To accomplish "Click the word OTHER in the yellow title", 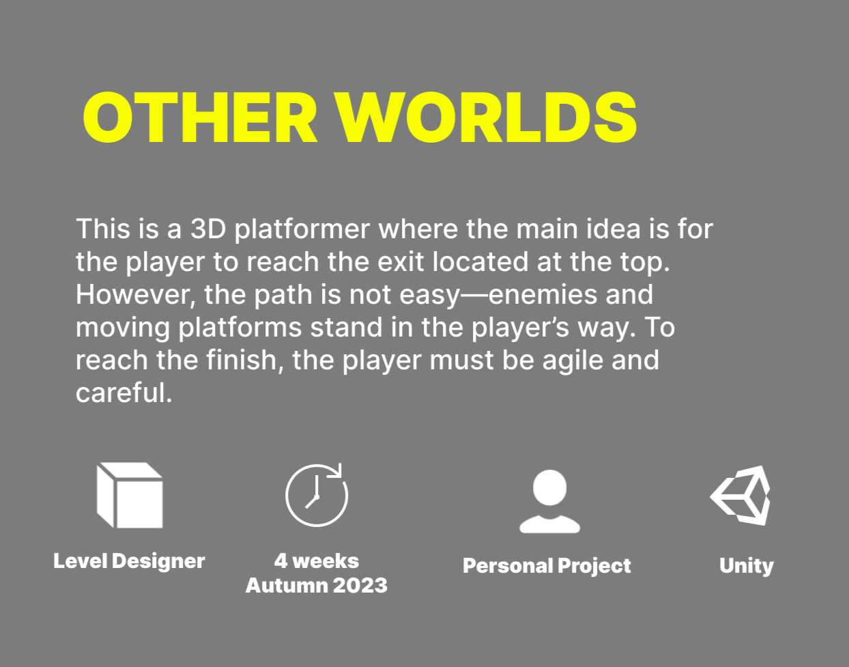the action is [x=200, y=117].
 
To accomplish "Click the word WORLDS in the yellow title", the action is [x=486, y=117].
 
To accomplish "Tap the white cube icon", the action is [x=130, y=495].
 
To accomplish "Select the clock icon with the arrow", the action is [x=317, y=495].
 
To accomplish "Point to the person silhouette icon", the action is [x=549, y=501].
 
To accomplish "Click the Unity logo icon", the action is [x=740, y=496].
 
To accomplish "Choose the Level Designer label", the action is [x=129, y=561].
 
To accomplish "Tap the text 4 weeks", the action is [x=317, y=561].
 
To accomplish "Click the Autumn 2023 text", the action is [x=317, y=585].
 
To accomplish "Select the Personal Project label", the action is [x=547, y=566].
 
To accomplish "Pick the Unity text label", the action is [x=747, y=566].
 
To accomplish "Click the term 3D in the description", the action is [x=208, y=229].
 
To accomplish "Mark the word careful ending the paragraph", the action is [x=124, y=393].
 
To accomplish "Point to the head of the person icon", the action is [x=549, y=487].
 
